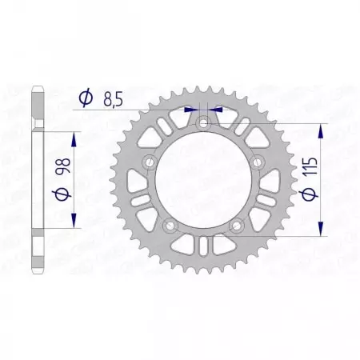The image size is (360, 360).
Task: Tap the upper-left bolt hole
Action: point(147,164)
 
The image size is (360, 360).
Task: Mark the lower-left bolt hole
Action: point(169,229)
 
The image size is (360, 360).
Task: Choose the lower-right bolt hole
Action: point(238,229)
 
